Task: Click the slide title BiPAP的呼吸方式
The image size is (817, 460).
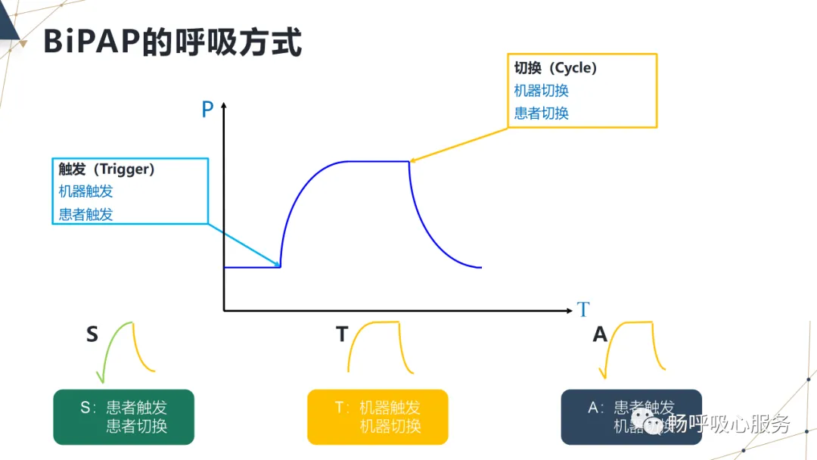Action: pyautogui.click(x=172, y=42)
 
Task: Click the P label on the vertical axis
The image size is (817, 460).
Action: pyautogui.click(x=207, y=110)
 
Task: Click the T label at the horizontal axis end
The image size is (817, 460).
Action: pyautogui.click(x=582, y=310)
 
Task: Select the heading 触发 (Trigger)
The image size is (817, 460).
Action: pyautogui.click(x=107, y=169)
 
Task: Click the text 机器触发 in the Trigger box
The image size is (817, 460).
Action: pyautogui.click(x=86, y=191)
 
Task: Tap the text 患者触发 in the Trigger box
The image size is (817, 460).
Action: pyautogui.click(x=86, y=214)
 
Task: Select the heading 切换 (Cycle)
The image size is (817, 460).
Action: pyautogui.click(x=556, y=68)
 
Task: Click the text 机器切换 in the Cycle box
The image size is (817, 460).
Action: pyautogui.click(x=542, y=91)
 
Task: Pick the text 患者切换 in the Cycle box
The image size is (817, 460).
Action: pyautogui.click(x=542, y=113)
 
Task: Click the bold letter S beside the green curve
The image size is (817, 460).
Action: pyautogui.click(x=92, y=334)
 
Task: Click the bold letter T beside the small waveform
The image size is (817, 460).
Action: pyautogui.click(x=342, y=334)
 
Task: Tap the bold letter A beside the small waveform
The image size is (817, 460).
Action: pyautogui.click(x=600, y=334)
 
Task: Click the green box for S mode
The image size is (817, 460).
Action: pyautogui.click(x=124, y=417)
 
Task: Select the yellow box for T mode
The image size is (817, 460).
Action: pyautogui.click(x=377, y=417)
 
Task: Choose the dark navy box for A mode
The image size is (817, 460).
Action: pyautogui.click(x=631, y=417)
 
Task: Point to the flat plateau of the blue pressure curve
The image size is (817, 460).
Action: pyautogui.click(x=377, y=161)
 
